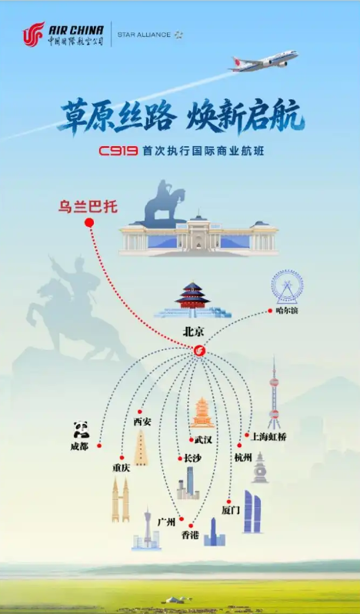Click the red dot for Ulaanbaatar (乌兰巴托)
tap(89, 223)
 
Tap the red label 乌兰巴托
tap(88, 207)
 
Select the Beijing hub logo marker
tap(199, 350)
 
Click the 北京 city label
tap(194, 332)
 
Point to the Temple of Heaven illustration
tap(192, 299)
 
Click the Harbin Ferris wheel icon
tap(287, 287)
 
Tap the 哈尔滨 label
tap(287, 312)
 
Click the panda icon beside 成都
tap(81, 429)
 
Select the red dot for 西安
tap(140, 412)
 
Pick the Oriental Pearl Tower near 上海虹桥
tap(274, 393)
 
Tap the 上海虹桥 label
tap(268, 436)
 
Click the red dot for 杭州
tap(239, 445)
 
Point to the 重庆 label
tap(121, 468)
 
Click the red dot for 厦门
tap(228, 502)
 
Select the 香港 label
tap(190, 536)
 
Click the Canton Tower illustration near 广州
tap(147, 529)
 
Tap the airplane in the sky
tap(264, 61)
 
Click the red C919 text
tap(118, 151)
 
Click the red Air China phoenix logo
tap(34, 34)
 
